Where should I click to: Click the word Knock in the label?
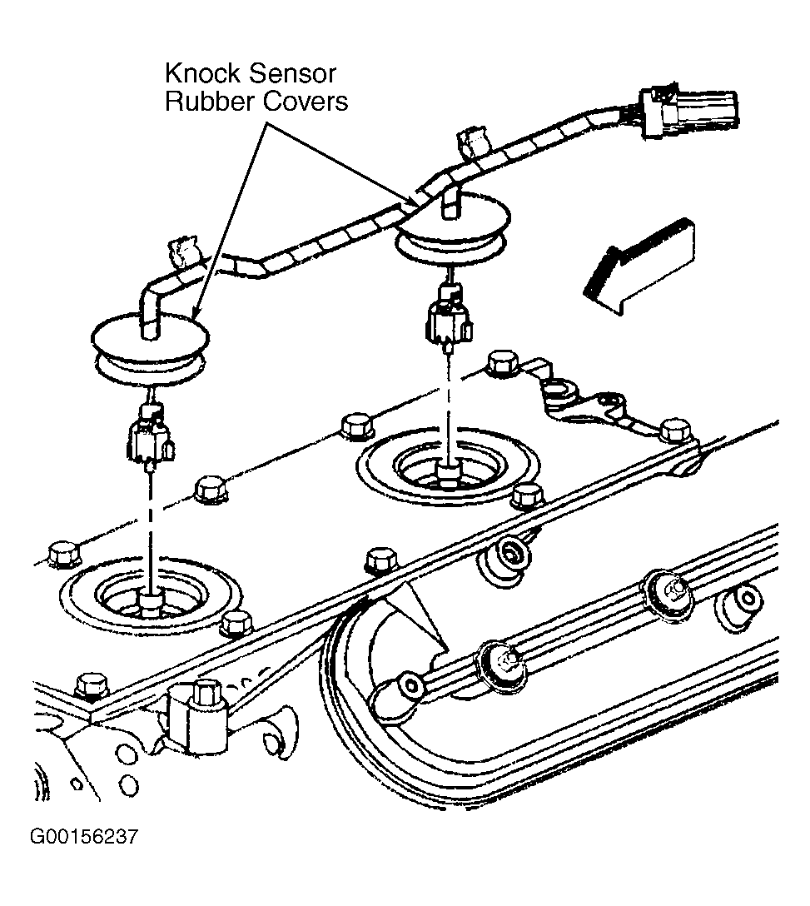pyautogui.click(x=202, y=73)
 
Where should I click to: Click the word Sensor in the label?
pyautogui.click(x=293, y=73)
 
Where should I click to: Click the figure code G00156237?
pyautogui.click(x=84, y=837)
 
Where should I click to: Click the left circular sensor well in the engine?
pyautogui.click(x=151, y=596)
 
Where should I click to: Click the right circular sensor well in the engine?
pyautogui.click(x=449, y=466)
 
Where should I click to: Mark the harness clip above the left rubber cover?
pyautogui.click(x=183, y=252)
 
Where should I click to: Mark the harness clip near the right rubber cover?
pyautogui.click(x=473, y=142)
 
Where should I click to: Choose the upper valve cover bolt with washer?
pyautogui.click(x=670, y=595)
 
